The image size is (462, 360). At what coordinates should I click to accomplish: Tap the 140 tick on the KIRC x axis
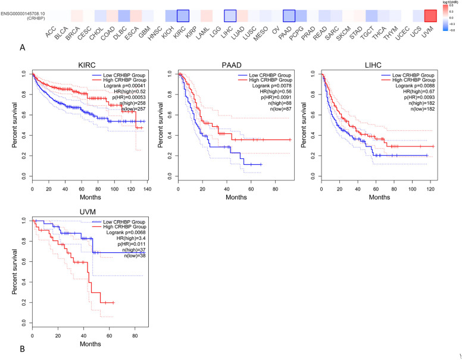coord(148,187)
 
